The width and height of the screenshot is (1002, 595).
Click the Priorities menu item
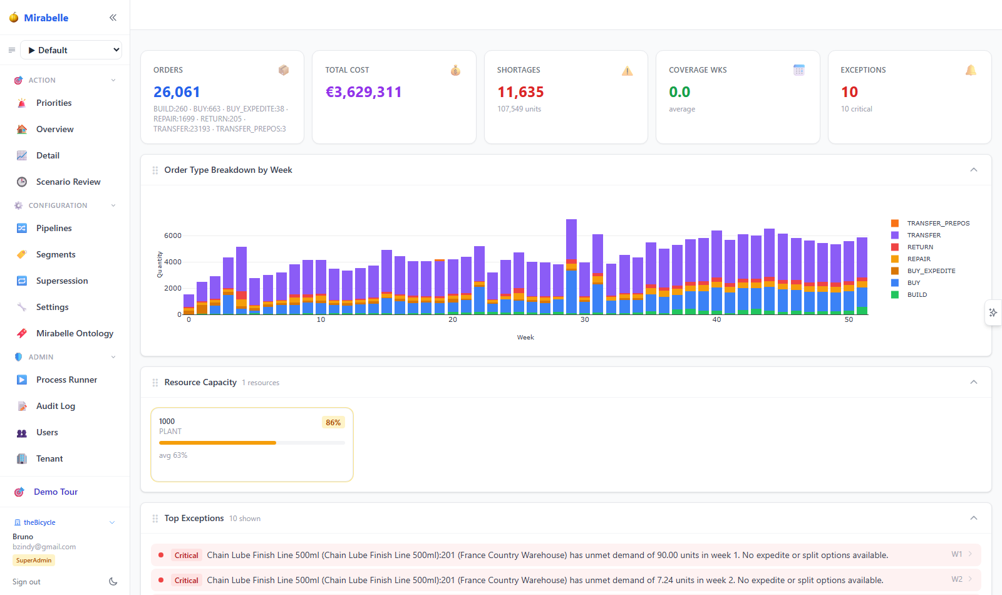coord(54,103)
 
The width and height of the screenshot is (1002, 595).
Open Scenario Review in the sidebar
coord(68,182)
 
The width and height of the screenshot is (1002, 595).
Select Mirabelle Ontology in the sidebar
coord(75,333)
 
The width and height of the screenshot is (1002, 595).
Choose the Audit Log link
coord(56,406)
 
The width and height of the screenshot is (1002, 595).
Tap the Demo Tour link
coord(56,492)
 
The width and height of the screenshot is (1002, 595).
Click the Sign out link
coord(26,582)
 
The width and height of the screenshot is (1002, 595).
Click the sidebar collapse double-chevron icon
coord(113,18)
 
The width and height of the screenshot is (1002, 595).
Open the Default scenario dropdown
coord(71,50)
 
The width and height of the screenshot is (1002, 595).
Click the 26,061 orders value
coord(177,91)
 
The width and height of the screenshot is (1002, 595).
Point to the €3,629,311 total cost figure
coord(363,91)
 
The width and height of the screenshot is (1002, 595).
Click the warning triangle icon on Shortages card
coord(627,71)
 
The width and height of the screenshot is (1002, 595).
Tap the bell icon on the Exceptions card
coord(971,70)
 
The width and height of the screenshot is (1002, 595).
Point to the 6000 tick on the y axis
coord(173,235)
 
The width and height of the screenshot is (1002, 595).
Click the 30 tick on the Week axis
coord(585,319)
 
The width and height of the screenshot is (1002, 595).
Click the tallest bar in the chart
coord(571,267)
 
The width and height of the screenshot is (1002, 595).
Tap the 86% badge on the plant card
coord(333,422)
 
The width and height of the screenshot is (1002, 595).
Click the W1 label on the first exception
coord(957,554)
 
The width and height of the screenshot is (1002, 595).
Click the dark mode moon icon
coord(113,582)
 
